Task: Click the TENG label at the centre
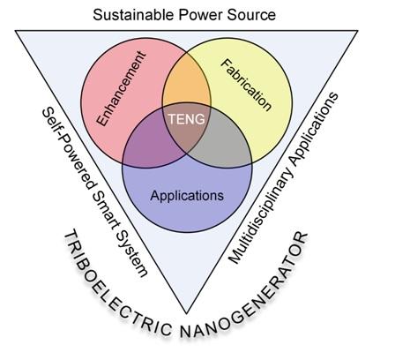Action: (x=187, y=119)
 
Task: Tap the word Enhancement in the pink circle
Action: (x=122, y=88)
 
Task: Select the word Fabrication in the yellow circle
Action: (x=246, y=85)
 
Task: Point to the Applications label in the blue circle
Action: (x=187, y=196)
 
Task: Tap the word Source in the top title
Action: (x=251, y=15)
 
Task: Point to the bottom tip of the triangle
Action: (x=186, y=313)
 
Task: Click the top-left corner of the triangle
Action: (x=15, y=31)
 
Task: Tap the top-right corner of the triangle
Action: (x=358, y=31)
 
